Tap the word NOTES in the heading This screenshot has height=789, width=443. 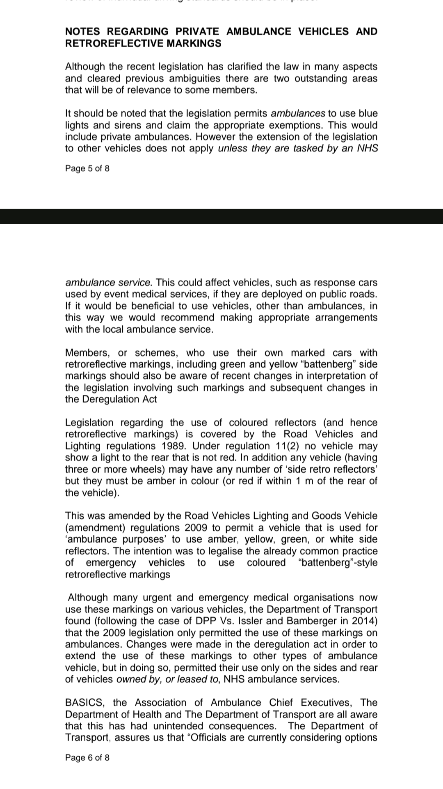(x=82, y=32)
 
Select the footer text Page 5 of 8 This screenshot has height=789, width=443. (x=87, y=168)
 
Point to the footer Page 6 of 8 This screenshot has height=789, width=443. (x=87, y=758)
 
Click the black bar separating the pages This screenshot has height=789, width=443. (x=221, y=216)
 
